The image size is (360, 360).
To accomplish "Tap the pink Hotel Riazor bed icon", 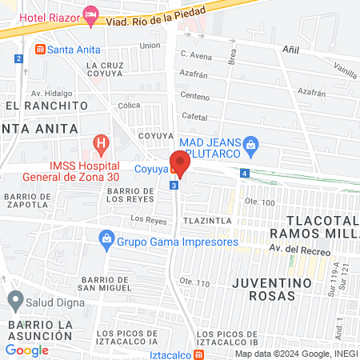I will click(92, 15).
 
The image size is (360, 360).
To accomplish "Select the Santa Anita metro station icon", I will click(40, 50).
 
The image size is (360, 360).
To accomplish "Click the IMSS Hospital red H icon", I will click(101, 145).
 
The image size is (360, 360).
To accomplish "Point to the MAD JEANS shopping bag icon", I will click(251, 144).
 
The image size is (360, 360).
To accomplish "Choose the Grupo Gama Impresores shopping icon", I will click(106, 238).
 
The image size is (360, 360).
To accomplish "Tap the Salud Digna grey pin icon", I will click(14, 301).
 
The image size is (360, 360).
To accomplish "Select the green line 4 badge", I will click(244, 174).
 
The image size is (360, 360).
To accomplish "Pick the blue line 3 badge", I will click(174, 186).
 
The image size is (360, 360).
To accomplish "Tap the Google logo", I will click(27, 350).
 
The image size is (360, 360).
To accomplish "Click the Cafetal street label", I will click(195, 117).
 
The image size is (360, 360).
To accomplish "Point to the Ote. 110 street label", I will click(194, 282).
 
